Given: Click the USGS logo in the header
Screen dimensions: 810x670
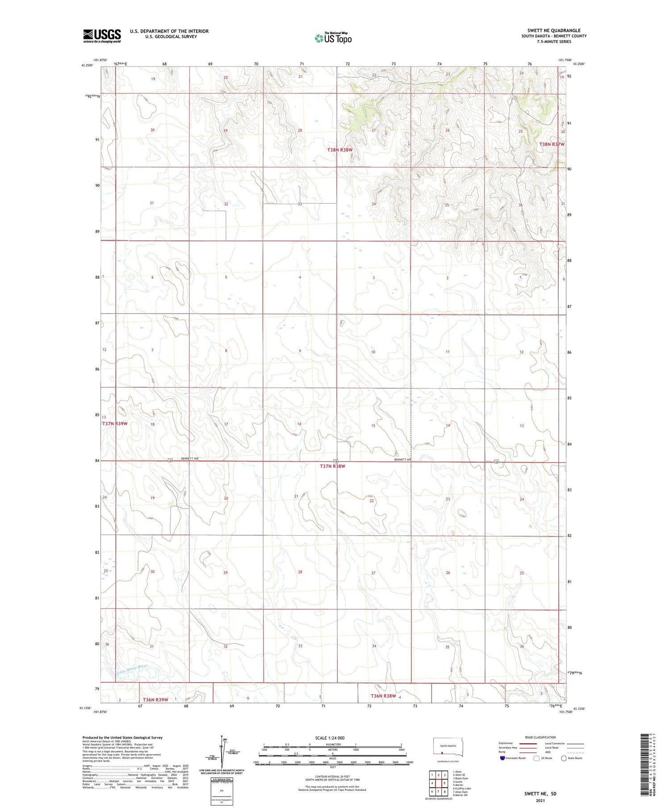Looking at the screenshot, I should point(102,36).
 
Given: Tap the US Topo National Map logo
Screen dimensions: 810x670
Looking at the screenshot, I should point(333,38).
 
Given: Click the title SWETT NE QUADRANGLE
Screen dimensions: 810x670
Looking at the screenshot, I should point(553,30).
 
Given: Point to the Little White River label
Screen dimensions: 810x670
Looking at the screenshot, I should point(132,670).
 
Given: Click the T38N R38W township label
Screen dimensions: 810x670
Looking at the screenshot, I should point(340,150).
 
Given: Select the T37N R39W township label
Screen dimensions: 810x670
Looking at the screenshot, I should point(115,424).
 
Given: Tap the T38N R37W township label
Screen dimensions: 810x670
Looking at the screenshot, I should point(552,144).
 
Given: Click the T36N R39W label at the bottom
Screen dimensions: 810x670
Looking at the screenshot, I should point(155,700).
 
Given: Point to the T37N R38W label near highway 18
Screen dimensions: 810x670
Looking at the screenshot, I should point(333,466).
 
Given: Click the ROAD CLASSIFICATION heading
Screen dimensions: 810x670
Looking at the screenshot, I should point(540,737).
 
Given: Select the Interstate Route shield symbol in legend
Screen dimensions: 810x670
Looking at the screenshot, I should point(502,758).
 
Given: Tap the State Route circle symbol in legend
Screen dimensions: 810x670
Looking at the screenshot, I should point(564,758).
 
